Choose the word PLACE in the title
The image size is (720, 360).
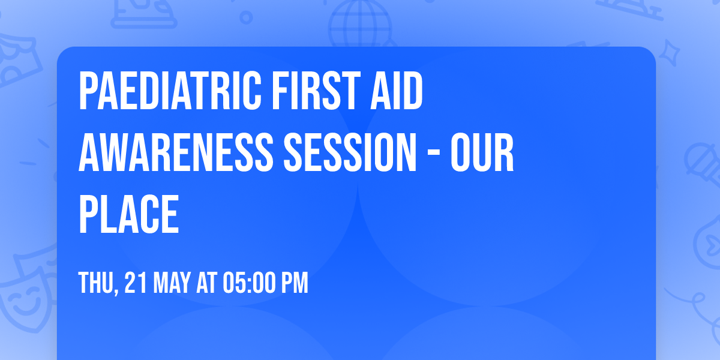click(x=129, y=214)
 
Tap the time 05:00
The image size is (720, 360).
click(x=248, y=283)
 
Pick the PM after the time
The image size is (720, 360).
click(x=295, y=283)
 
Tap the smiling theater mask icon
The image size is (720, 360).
click(x=24, y=300)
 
